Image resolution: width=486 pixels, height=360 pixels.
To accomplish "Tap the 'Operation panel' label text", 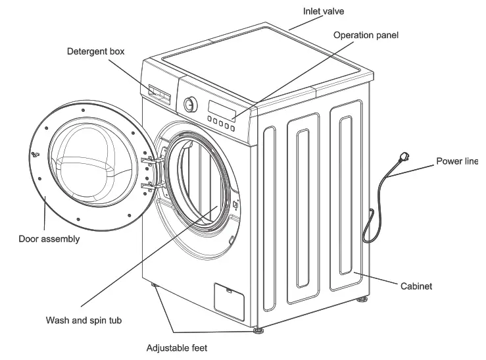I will (x=366, y=35).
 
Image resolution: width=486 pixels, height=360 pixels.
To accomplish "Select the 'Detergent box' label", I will (x=95, y=51).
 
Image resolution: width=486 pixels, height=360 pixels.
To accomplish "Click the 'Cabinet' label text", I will (x=416, y=286).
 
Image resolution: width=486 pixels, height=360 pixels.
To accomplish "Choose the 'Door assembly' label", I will (x=49, y=239).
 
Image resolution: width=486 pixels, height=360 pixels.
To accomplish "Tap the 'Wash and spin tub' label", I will (x=84, y=321).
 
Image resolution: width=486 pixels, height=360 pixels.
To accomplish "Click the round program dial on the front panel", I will (x=191, y=104).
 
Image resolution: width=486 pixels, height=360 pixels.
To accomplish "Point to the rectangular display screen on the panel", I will (x=222, y=107).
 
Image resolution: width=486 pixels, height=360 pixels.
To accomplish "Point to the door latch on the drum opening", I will (x=235, y=204).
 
